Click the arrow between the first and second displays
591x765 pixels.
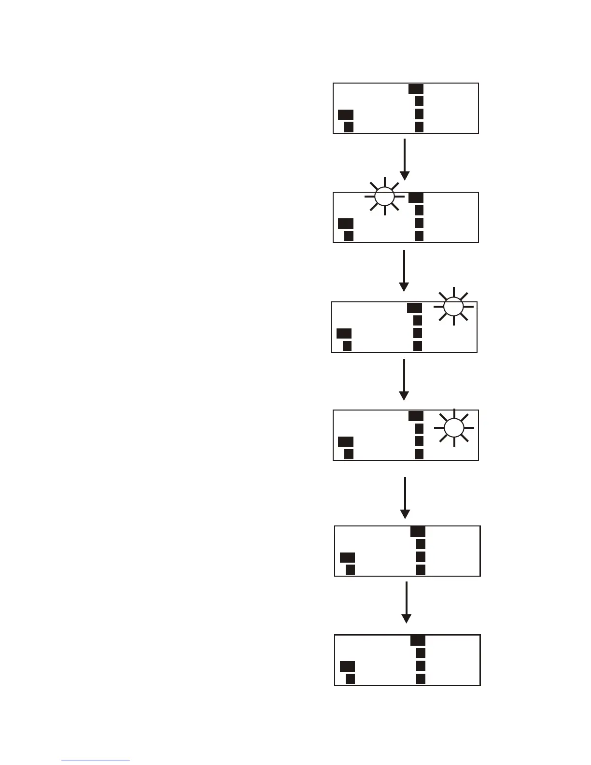click(405, 159)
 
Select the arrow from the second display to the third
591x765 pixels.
click(404, 270)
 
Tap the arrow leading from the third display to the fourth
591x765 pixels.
click(404, 380)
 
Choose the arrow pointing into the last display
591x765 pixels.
click(407, 602)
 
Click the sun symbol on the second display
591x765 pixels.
click(384, 196)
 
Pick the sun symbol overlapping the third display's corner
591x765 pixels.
click(453, 306)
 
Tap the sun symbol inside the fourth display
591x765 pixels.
click(454, 427)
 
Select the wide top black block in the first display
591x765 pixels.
click(416, 89)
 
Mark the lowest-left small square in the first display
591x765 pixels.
click(349, 127)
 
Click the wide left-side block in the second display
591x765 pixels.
click(346, 223)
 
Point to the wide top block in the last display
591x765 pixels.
click(418, 640)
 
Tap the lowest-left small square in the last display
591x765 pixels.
click(350, 679)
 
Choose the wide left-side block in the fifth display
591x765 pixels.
click(347, 557)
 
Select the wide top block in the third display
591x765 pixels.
click(414, 308)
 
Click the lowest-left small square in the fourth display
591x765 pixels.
click(349, 454)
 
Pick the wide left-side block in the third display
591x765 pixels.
click(344, 333)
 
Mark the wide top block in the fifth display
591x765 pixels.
click(418, 532)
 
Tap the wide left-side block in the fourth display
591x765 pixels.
click(346, 441)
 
